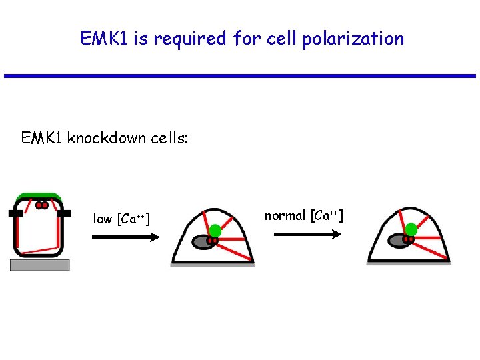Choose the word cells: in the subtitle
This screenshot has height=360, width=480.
[171, 138]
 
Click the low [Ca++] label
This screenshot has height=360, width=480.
[121, 219]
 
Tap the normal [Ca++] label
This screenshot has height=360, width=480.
[303, 215]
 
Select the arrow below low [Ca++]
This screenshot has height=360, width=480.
[125, 237]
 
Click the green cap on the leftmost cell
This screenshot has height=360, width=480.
[41, 197]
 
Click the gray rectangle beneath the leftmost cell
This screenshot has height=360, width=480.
[40, 265]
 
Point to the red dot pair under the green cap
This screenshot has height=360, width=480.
[41, 206]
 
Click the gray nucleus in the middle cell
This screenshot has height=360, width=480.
[202, 241]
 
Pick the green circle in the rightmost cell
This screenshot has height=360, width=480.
[411, 230]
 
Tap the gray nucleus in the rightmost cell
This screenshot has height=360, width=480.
[397, 239]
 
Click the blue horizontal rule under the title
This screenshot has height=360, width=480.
[240, 76]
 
